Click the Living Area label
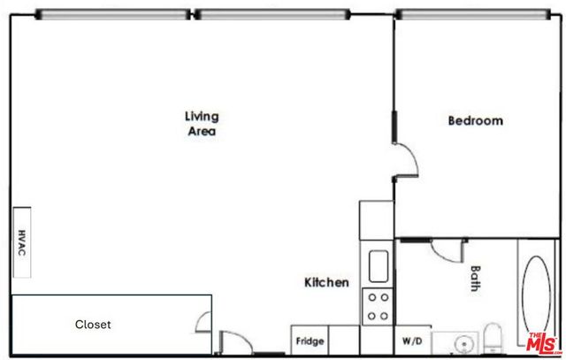coord(202,124)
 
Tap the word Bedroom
coord(475,121)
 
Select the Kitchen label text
coord(326,283)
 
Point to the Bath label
coord(475,280)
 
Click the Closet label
coord(92,325)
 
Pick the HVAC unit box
coord(21,243)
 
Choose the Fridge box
coord(310,341)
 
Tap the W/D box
coord(411,341)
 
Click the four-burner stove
coord(378,306)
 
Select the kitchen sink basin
coord(378,265)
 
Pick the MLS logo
coord(541,341)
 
